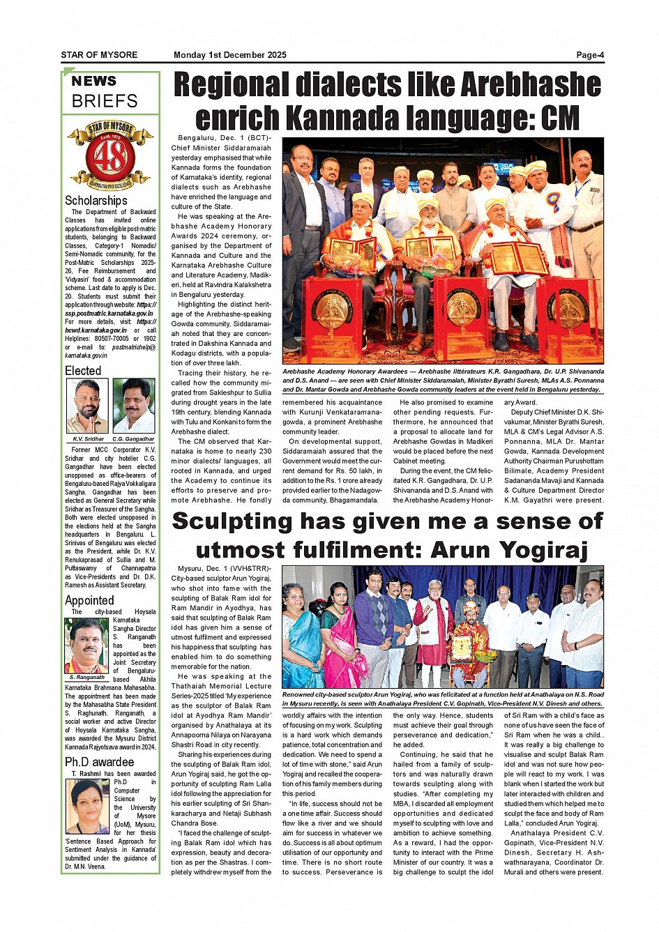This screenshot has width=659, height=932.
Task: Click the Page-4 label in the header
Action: (589, 55)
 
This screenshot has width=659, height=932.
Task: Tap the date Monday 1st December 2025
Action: (229, 55)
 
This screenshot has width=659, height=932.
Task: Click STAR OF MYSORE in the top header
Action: (99, 55)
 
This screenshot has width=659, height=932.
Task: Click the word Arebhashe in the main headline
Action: (531, 85)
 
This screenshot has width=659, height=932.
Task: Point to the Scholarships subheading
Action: (96, 201)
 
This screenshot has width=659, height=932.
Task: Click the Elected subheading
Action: (83, 371)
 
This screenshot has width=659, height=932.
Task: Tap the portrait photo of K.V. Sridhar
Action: (87, 406)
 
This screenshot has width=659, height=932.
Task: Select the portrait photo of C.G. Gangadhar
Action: (133, 406)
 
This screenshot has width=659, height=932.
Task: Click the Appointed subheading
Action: (89, 600)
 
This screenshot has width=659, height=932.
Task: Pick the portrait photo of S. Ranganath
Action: (86, 645)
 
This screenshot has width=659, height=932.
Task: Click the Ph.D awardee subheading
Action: (99, 762)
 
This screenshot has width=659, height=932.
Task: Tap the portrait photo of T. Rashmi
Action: (88, 806)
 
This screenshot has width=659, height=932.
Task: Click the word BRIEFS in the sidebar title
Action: (105, 101)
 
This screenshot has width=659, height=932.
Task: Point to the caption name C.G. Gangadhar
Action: (133, 439)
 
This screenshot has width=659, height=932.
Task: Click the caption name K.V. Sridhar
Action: (88, 439)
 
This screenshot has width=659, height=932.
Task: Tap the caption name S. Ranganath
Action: (87, 677)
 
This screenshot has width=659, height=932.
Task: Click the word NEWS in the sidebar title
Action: (94, 81)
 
